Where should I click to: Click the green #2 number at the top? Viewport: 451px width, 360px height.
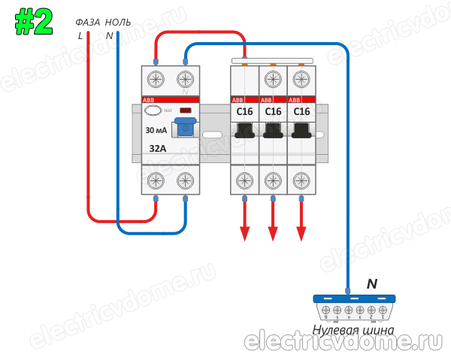coord(34,22)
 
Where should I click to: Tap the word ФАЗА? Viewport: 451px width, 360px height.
coord(88,23)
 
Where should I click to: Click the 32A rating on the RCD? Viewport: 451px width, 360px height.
coord(158,148)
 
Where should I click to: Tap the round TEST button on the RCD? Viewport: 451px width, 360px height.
coord(153,110)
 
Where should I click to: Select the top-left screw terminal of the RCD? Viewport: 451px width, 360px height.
coord(156,80)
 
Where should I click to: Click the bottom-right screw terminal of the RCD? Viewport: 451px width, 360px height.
coord(186,180)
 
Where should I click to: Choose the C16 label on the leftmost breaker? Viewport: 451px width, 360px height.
coord(244,112)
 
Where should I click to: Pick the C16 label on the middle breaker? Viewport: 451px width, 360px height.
coord(273,112)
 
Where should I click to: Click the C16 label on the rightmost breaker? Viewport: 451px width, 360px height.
coord(301,112)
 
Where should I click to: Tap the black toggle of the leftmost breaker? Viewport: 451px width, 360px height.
coord(244,132)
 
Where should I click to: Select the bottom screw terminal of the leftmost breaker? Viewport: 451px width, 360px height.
coord(244,180)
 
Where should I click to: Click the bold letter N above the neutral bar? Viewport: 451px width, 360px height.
coord(371,284)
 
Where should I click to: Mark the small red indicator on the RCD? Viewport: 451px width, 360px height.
coord(185,110)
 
